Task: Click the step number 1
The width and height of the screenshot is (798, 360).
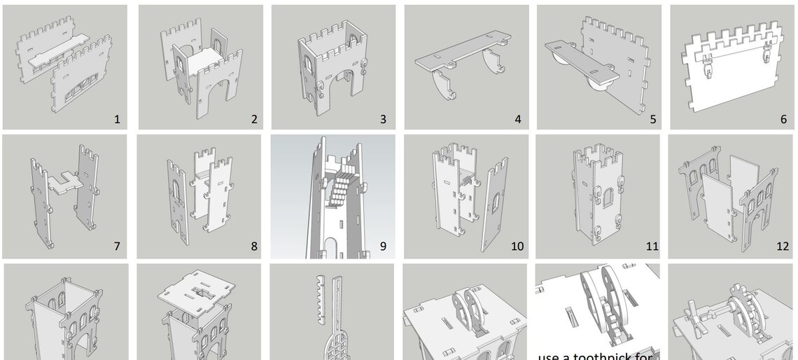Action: click(117, 119)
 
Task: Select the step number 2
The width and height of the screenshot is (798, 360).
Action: click(254, 119)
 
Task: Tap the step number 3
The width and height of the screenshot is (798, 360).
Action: click(383, 119)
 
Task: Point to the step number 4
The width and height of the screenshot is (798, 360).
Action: click(518, 119)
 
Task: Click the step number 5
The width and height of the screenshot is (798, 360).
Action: click(652, 119)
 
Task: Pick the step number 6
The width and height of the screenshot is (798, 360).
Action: click(783, 119)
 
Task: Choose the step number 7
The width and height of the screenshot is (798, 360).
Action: click(117, 247)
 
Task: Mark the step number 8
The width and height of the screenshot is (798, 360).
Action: click(254, 247)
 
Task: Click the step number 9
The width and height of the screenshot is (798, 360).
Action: click(383, 247)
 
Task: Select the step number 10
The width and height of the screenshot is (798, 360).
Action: click(517, 247)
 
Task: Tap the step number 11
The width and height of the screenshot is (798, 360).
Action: click(651, 247)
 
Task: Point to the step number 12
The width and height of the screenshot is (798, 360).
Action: click(782, 247)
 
